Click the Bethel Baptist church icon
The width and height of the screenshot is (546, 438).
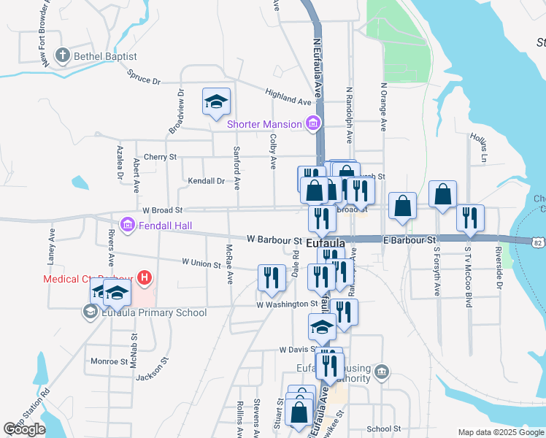pyautogui.click(x=63, y=55)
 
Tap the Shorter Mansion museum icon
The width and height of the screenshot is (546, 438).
pyautogui.click(x=313, y=123)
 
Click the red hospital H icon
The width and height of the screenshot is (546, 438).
pyautogui.click(x=145, y=278)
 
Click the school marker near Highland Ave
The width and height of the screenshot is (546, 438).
pyautogui.click(x=216, y=103)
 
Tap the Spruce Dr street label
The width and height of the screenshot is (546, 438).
pyautogui.click(x=143, y=77)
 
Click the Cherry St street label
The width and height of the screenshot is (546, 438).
pyautogui.click(x=160, y=157)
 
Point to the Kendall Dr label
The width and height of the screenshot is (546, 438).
pyautogui.click(x=206, y=180)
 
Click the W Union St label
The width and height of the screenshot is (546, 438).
pyautogui.click(x=201, y=262)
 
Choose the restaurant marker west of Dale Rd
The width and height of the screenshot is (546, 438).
pyautogui.click(x=272, y=279)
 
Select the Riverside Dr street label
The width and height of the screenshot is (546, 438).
pyautogui.click(x=500, y=268)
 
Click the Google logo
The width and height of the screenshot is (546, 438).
pyautogui.click(x=24, y=429)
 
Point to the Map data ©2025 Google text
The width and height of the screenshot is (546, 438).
pyautogui.click(x=501, y=432)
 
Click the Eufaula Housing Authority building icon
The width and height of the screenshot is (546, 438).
pyautogui.click(x=380, y=373)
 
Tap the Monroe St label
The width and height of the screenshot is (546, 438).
pyautogui.click(x=109, y=361)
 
